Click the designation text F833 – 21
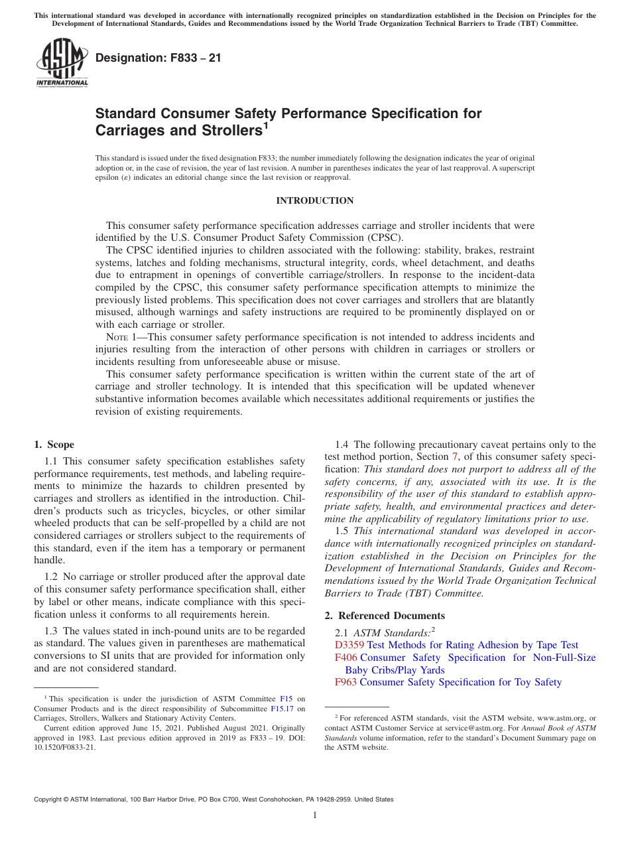coord(158,58)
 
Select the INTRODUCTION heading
coord(314,200)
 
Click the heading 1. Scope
coord(54,445)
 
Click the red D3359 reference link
coord(349,645)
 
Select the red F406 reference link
coord(346,658)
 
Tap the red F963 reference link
coord(346,682)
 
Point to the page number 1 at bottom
coord(315,815)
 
